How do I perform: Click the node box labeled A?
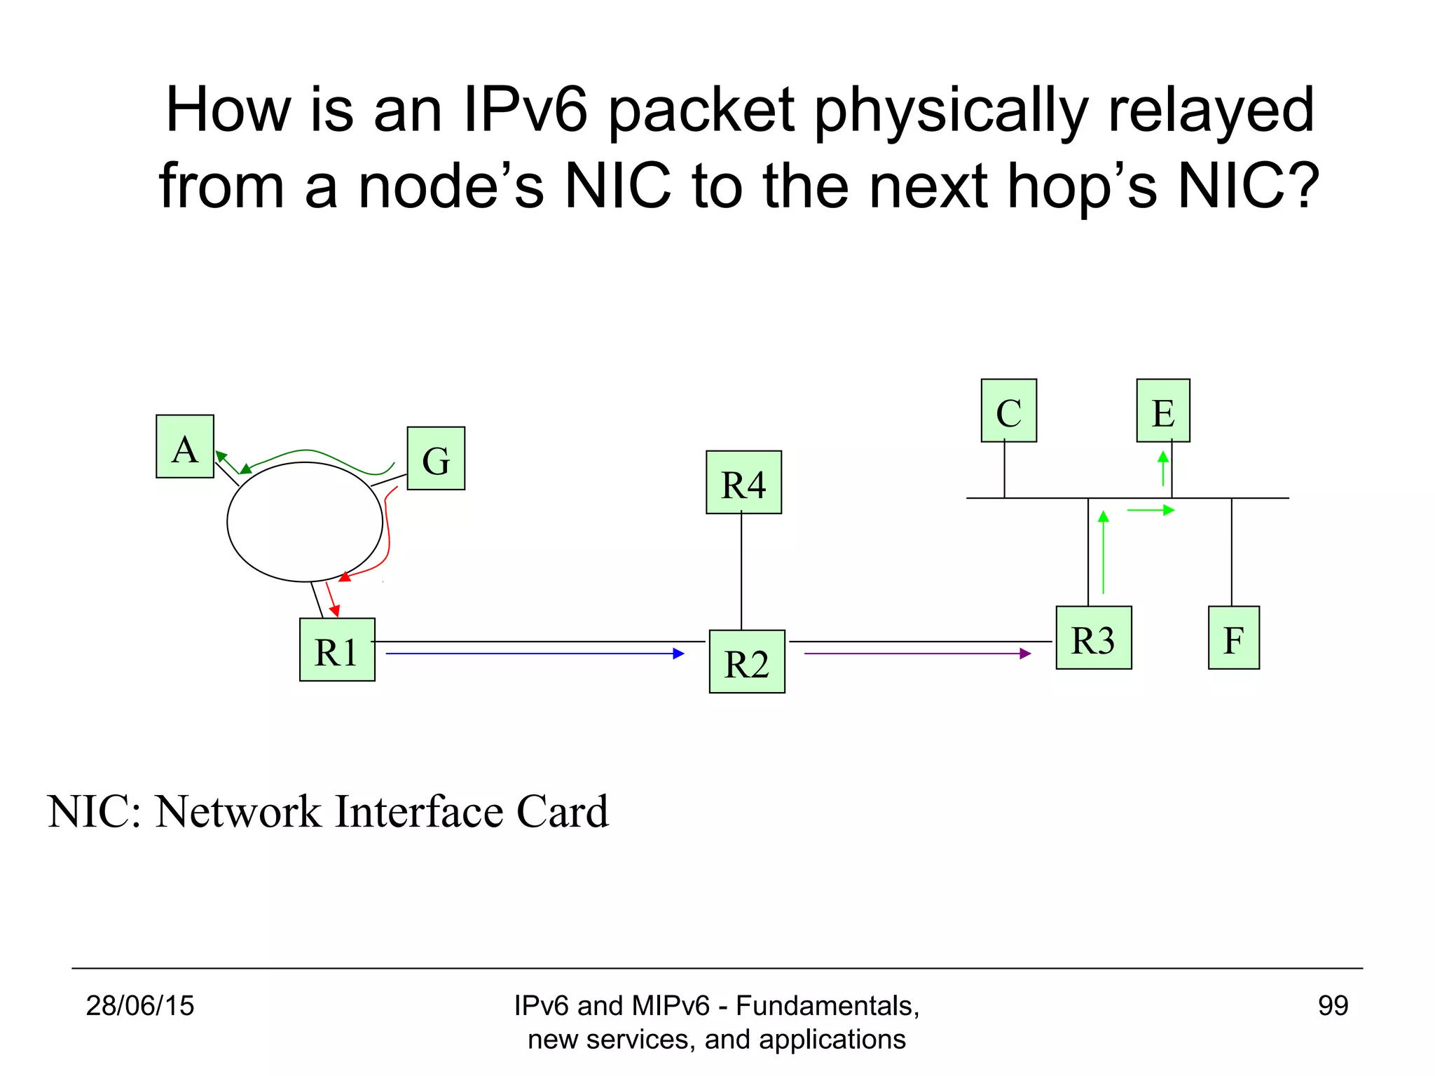coord(185,446)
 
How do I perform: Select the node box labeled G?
coord(436,458)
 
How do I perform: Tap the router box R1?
coord(337,649)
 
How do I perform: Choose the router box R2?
coord(747,661)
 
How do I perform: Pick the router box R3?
coord(1093,637)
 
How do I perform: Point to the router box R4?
coord(743,482)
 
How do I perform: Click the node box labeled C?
coord(1008,411)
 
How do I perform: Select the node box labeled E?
coord(1163,411)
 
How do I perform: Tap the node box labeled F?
coord(1233,637)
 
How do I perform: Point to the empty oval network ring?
coord(305,522)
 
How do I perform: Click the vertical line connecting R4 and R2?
coord(741,572)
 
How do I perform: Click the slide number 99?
coord(1333,1006)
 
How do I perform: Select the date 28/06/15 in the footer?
coord(140,1006)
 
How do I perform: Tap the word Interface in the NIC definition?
coord(420,812)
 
